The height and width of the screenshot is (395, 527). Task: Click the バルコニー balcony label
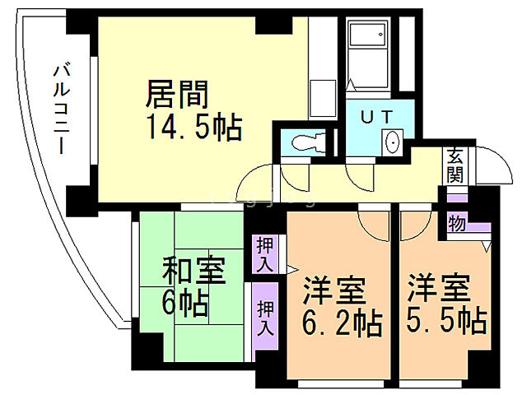click(60, 108)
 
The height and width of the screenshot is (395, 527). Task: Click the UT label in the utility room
click(375, 115)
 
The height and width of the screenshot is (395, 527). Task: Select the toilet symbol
click(305, 142)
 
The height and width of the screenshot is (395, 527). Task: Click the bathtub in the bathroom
click(367, 46)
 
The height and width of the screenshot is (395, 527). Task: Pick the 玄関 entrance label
click(455, 166)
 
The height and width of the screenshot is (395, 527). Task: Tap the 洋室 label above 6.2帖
click(333, 289)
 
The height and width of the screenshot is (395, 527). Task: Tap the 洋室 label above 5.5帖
click(439, 288)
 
